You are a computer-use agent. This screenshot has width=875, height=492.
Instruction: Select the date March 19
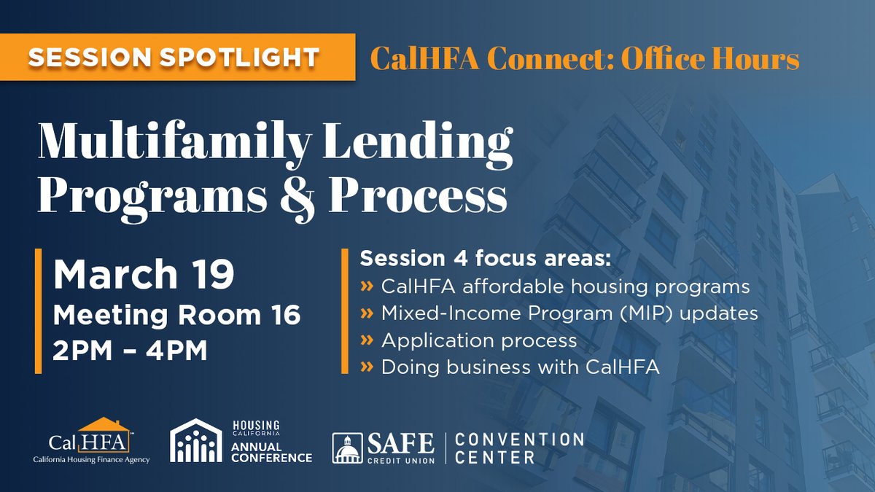(144, 276)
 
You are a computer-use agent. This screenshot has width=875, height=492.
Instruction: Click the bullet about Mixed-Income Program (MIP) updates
(569, 313)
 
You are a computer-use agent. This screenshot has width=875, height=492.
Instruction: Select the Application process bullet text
(479, 340)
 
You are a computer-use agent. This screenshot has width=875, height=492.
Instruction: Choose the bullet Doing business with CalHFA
(520, 367)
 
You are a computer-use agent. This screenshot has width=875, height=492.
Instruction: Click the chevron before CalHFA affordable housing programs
(366, 286)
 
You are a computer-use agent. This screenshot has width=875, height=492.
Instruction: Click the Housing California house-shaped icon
(195, 440)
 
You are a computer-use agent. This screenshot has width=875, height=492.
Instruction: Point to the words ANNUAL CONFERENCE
(272, 451)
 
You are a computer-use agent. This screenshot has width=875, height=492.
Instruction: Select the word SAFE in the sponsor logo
(403, 442)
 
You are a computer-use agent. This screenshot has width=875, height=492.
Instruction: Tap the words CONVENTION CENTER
(518, 448)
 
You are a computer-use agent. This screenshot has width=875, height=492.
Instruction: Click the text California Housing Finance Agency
(91, 461)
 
